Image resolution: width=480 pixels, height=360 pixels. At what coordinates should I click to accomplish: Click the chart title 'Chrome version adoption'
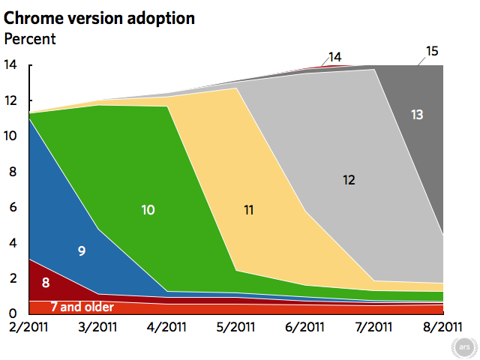tap(99, 18)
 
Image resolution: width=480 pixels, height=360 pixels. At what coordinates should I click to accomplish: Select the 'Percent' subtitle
tap(30, 39)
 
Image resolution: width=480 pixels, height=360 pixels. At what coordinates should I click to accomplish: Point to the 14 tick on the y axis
tap(10, 64)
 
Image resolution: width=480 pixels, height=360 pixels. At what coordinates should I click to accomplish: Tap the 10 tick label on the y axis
tap(10, 136)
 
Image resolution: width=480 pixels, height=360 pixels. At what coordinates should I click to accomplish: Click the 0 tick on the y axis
tap(13, 313)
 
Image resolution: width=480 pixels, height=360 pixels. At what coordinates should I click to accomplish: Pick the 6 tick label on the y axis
tap(13, 207)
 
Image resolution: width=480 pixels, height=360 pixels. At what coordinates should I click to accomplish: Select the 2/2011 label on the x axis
tap(28, 327)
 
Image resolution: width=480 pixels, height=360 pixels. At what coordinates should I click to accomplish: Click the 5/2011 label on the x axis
tap(235, 327)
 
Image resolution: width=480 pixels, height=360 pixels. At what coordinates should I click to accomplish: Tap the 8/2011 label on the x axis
tap(442, 327)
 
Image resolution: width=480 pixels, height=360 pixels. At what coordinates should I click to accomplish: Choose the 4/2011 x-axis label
tap(166, 327)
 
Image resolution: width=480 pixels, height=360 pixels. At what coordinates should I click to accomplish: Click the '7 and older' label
tap(82, 307)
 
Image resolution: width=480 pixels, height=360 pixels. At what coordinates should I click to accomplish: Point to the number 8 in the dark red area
tap(46, 283)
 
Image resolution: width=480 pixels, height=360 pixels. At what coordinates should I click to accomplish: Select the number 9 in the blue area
tap(82, 251)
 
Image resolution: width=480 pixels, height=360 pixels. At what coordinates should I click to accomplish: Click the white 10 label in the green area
tap(148, 210)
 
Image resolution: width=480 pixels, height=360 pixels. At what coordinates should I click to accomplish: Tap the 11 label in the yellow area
tap(248, 210)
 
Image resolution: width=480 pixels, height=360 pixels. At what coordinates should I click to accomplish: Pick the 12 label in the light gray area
tap(349, 180)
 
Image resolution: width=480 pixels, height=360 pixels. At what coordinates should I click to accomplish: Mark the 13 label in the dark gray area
tap(417, 115)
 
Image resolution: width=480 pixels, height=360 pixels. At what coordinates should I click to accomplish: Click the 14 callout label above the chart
tap(335, 57)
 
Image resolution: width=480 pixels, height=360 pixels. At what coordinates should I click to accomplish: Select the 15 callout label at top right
tap(432, 51)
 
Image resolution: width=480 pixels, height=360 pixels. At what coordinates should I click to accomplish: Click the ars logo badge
tap(464, 347)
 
